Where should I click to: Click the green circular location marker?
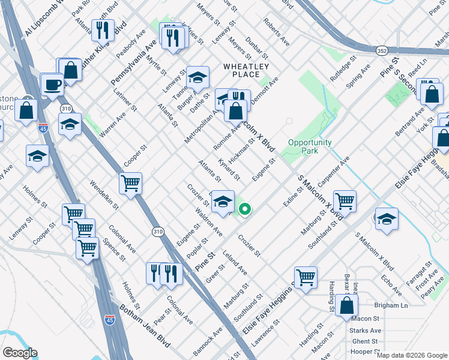pyautogui.click(x=245, y=209)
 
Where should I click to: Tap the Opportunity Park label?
pyautogui.click(x=310, y=146)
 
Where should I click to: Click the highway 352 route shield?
pyautogui.click(x=382, y=52)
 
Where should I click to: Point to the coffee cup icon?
pyautogui.click(x=53, y=84)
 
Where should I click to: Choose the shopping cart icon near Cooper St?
pyautogui.click(x=130, y=183)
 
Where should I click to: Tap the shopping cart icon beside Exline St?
pyautogui.click(x=345, y=201)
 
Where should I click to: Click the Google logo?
pyautogui.click(x=19, y=353)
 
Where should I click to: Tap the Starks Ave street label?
pyautogui.click(x=367, y=330)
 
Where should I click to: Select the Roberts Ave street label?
pyautogui.click(x=276, y=32)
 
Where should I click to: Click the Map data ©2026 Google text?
pyautogui.click(x=412, y=355)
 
